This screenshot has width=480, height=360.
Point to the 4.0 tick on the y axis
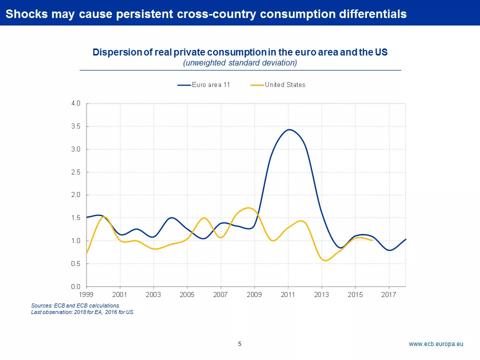(75, 103)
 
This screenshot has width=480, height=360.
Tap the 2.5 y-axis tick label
(75, 172)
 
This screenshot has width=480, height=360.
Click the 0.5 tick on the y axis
(75, 263)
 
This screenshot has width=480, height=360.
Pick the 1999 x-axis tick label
(87, 294)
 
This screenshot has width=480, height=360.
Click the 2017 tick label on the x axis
(389, 294)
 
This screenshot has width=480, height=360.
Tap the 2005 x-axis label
(187, 294)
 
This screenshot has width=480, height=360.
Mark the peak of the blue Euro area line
(289, 129)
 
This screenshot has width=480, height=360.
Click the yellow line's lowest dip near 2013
(326, 260)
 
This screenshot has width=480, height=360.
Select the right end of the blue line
(405, 239)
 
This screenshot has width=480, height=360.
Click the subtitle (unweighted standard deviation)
(240, 63)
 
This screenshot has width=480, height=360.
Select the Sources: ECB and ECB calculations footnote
(75, 305)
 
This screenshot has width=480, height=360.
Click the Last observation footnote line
(83, 312)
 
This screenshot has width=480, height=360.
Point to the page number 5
(239, 344)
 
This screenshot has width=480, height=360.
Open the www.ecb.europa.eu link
(436, 344)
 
